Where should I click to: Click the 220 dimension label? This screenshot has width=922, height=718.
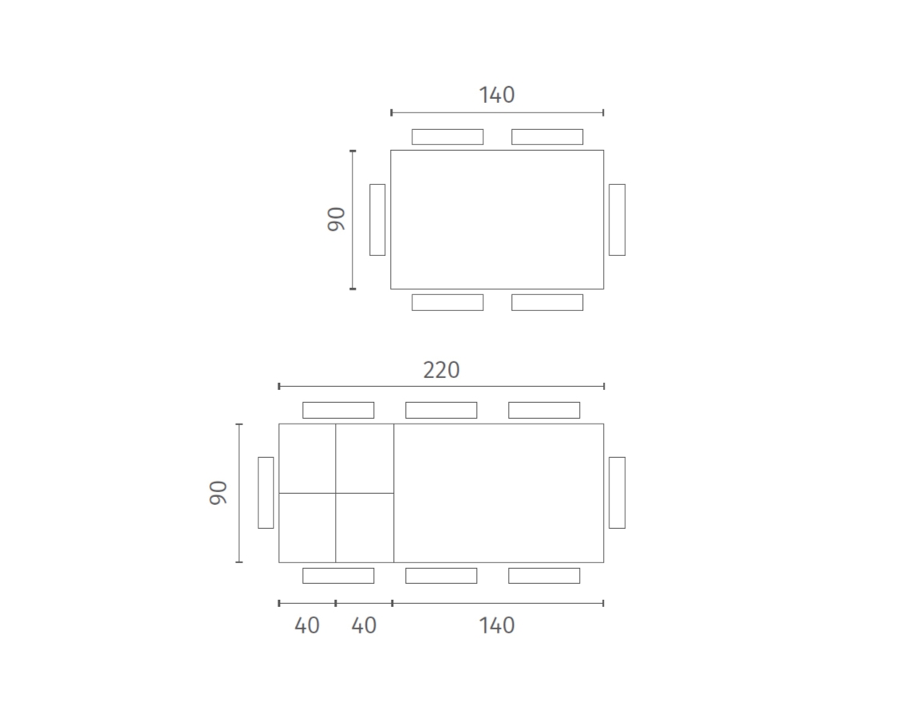[x=441, y=370]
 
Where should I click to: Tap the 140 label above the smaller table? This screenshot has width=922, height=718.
[x=497, y=95]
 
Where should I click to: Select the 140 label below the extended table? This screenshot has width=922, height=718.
[x=497, y=625]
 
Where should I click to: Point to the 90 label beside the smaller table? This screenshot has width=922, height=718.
[x=337, y=219]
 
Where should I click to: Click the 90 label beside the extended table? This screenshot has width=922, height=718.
[x=219, y=493]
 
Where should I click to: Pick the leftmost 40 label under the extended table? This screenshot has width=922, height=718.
[x=307, y=625]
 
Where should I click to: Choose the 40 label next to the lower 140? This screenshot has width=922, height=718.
[x=364, y=625]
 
